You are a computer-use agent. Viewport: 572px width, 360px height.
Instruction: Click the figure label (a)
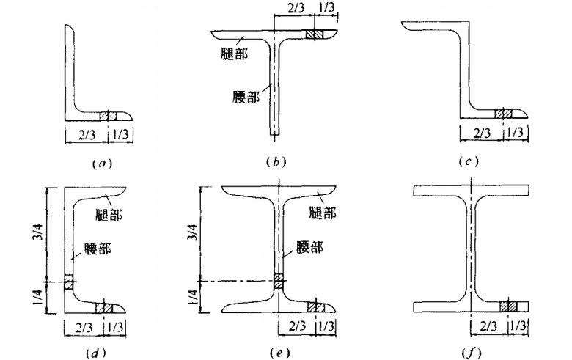pos(100,164)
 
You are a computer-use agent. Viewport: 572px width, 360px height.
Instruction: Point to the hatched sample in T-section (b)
pos(314,35)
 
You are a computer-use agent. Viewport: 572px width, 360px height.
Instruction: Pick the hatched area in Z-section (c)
pos(504,114)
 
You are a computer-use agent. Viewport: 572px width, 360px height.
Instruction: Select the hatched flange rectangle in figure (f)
pos(509,306)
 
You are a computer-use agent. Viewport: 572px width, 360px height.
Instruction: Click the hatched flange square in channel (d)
pos(105,306)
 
